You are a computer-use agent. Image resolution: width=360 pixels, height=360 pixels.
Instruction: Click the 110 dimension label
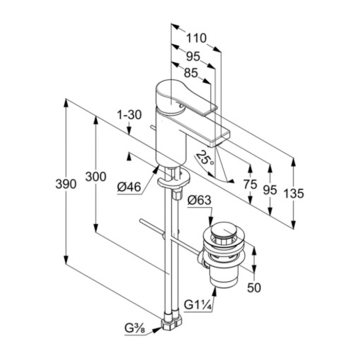pyautogui.click(x=196, y=38)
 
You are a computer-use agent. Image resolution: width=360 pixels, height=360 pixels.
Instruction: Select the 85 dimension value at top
pyautogui.click(x=191, y=73)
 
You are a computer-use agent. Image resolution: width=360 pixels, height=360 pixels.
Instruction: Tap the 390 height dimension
pyautogui.click(x=66, y=184)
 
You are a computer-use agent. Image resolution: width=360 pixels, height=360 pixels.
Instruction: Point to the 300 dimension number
pyautogui.click(x=96, y=176)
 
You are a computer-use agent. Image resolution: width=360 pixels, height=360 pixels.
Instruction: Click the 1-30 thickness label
pyautogui.click(x=129, y=115)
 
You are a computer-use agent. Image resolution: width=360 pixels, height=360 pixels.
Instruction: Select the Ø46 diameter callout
pyautogui.click(x=129, y=187)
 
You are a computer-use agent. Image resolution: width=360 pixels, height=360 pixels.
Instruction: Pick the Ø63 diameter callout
pyautogui.click(x=199, y=200)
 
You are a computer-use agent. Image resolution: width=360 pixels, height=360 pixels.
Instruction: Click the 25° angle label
pyautogui.click(x=205, y=158)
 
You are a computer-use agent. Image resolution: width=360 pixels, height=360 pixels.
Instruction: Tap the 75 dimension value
pyautogui.click(x=250, y=184)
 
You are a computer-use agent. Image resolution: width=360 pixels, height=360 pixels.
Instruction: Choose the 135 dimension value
pyautogui.click(x=294, y=193)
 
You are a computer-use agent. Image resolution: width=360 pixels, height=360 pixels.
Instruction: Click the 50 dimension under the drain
pyautogui.click(x=254, y=287)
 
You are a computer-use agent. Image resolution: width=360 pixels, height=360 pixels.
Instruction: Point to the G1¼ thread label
pyautogui.click(x=197, y=305)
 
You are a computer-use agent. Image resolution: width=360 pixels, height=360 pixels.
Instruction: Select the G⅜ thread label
pyautogui.click(x=135, y=328)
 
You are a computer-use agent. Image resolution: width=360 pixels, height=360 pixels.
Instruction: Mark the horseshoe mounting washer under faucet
pyautogui.click(x=174, y=178)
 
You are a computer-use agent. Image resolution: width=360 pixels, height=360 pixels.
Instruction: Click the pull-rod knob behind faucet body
pyautogui.click(x=153, y=128)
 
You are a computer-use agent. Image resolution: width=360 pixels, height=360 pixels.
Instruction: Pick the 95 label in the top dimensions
pyautogui.click(x=193, y=56)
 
